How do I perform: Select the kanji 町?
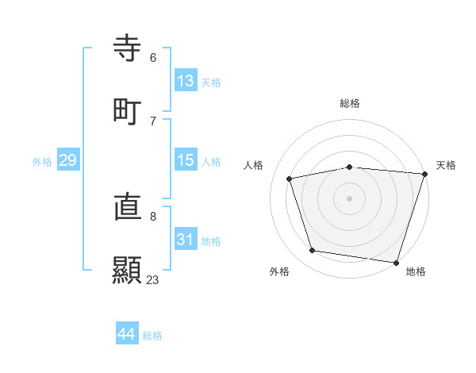pos(128,110)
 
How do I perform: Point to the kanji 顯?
pos(128,270)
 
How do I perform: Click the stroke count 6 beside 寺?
pos(153,57)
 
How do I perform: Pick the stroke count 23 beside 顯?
pos(152,279)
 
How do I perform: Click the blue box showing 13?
pos(186,81)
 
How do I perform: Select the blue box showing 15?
pos(186,160)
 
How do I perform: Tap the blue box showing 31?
pos(186,240)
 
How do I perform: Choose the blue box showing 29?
pos(67,160)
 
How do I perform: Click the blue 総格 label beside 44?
pos(152,336)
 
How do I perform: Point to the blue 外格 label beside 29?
pos(42,162)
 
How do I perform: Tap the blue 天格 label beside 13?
pos(211,83)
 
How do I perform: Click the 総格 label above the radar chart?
pos(350,103)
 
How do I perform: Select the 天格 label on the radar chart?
pos(446,165)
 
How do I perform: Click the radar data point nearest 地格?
pos(396,262)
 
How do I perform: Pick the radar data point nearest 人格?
pos(290,179)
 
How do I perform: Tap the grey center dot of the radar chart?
pos(350,198)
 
